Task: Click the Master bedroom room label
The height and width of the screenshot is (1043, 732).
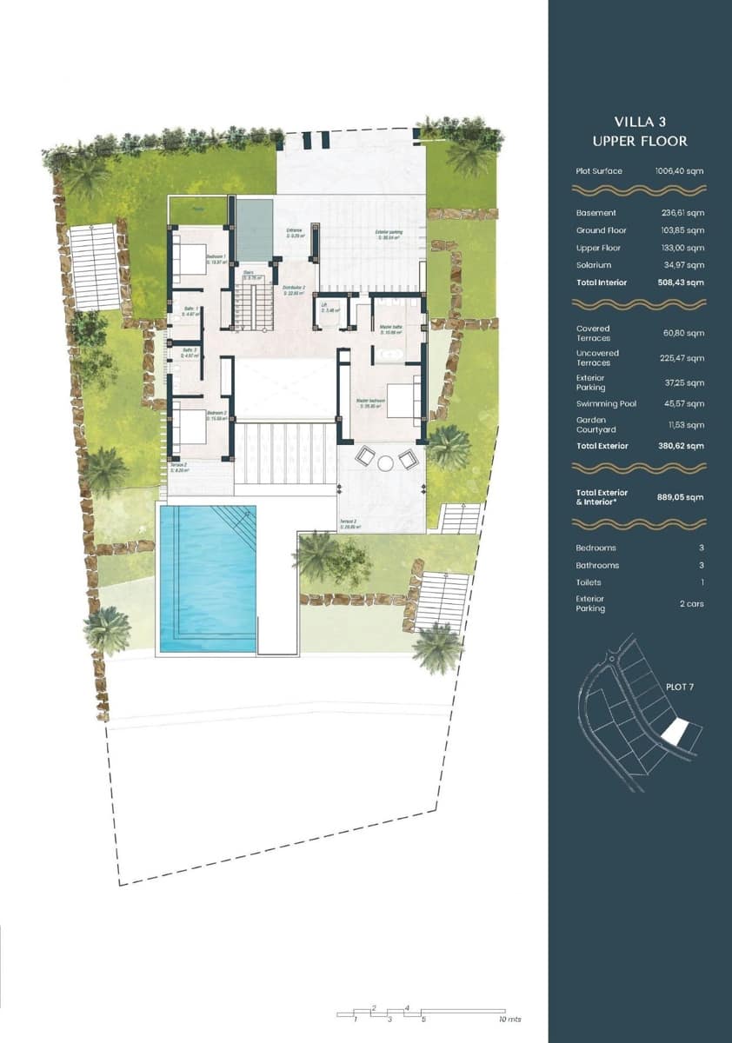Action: coord(371,402)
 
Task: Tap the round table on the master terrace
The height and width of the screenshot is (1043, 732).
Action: coord(385,463)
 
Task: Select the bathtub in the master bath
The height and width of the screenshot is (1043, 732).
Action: coord(388,355)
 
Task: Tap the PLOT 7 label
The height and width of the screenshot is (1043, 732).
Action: coord(679,687)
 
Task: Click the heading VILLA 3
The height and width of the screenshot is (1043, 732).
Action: coord(639,123)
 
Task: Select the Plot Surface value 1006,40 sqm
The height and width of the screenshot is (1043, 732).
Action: coord(679,171)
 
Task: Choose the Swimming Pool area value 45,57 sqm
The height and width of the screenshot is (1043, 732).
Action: coord(682,404)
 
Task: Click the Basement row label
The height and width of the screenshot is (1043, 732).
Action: coord(596,213)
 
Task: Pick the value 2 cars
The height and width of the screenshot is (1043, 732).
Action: coord(691,603)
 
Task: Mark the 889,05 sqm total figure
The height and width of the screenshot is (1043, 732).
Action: coord(681,497)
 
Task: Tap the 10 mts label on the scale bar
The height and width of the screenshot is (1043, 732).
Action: coord(509,1019)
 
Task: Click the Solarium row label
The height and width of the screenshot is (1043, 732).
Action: coord(593,265)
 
